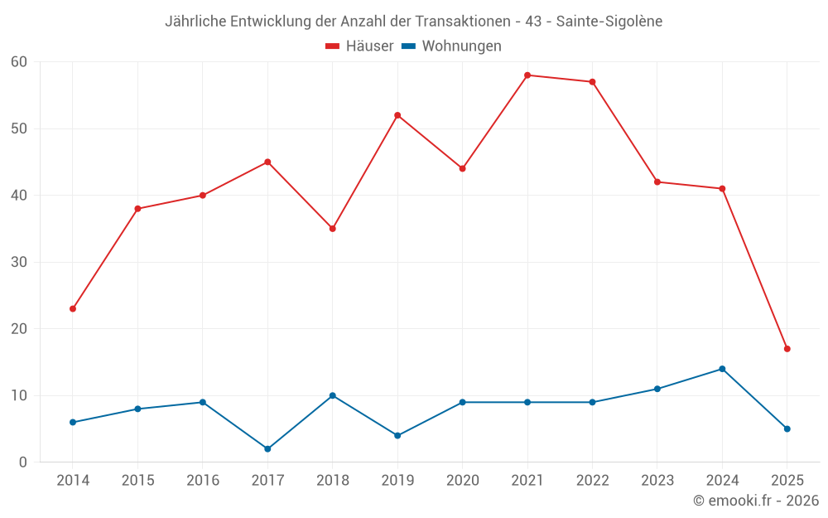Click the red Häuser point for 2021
click(527, 75)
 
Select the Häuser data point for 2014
click(73, 309)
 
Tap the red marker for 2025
click(787, 349)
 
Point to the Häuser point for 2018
click(333, 229)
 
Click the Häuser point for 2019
click(397, 115)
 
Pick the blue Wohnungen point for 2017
click(267, 449)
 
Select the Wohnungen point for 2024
click(722, 369)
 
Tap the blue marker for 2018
click(333, 395)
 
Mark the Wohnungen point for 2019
click(397, 436)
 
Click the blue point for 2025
click(787, 429)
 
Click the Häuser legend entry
click(360, 46)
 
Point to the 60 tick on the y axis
click(19, 62)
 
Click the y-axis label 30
click(19, 262)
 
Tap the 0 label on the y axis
click(23, 462)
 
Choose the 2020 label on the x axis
click(462, 481)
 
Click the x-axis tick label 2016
click(203, 481)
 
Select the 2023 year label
click(657, 481)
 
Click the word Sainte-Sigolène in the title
click(609, 21)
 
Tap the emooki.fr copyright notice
click(755, 501)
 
